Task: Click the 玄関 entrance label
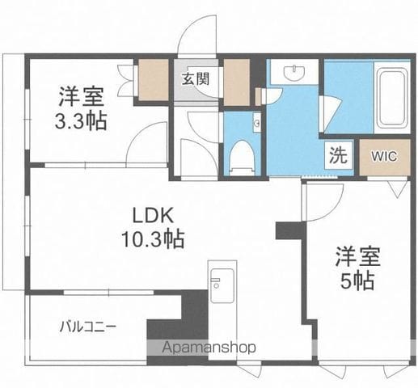click(x=196, y=79)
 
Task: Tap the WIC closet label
click(x=384, y=156)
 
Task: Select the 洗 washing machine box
click(x=338, y=155)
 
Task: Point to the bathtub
click(x=392, y=97)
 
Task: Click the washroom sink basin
click(x=294, y=72)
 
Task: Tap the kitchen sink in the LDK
click(x=222, y=285)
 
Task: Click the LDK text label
click(x=153, y=215)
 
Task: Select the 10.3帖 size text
click(x=153, y=238)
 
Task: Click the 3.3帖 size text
click(x=81, y=120)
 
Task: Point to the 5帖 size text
click(x=357, y=280)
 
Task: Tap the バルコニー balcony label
click(x=88, y=327)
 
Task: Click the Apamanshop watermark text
click(x=209, y=348)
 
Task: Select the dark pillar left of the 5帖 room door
click(x=290, y=230)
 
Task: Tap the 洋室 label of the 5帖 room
click(x=357, y=256)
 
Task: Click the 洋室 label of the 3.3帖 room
click(x=82, y=96)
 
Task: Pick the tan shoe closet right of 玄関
click(x=236, y=82)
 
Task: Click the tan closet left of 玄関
click(x=154, y=80)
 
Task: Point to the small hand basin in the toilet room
click(x=257, y=123)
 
